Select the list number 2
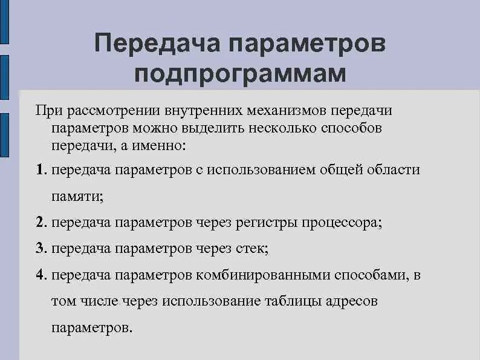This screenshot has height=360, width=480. (39, 222)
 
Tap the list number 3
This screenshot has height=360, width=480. (39, 248)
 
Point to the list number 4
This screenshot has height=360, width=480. (39, 275)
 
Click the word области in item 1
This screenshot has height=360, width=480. (394, 169)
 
